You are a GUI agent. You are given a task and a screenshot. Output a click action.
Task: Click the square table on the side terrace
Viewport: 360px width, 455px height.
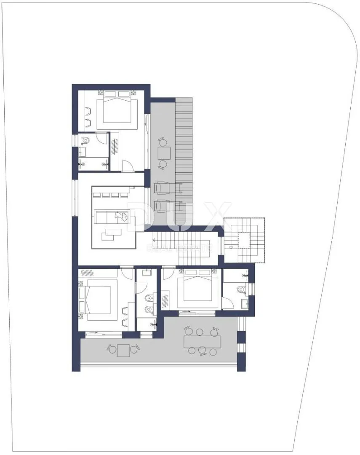coord(164,153)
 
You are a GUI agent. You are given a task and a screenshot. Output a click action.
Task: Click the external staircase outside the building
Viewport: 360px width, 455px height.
coord(245,240)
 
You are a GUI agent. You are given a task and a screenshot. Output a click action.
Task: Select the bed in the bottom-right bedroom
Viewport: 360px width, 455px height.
coord(198,285)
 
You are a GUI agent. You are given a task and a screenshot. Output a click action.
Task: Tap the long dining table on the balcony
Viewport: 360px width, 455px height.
coord(202,342)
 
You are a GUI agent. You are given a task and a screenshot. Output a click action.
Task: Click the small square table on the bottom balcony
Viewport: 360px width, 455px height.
coord(123,350)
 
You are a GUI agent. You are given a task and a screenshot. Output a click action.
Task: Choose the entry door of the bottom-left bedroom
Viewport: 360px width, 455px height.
coord(126,271)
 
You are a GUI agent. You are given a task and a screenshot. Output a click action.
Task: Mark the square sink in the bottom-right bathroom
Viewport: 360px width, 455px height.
coord(245,303)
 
